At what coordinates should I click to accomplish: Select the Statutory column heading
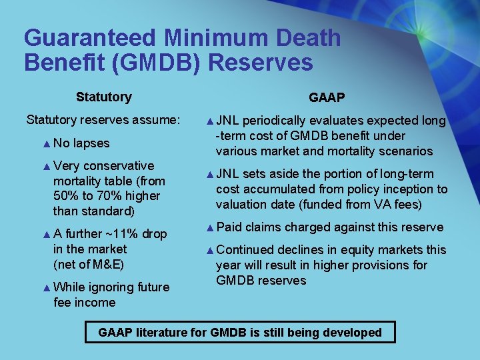click(x=103, y=97)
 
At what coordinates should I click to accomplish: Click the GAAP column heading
click(x=327, y=98)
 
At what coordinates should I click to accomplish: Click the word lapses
click(x=91, y=143)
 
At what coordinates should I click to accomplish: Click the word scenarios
click(x=403, y=151)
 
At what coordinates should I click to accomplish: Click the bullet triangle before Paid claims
click(x=210, y=227)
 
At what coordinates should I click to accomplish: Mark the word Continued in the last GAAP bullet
click(x=245, y=250)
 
